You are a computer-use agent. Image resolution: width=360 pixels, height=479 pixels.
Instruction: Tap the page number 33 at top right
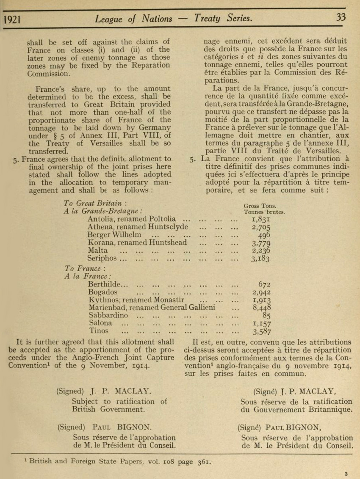click(342, 18)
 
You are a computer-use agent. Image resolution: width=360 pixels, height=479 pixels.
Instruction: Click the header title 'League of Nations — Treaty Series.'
click(174, 19)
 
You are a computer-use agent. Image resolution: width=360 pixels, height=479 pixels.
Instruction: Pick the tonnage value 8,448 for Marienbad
click(262, 308)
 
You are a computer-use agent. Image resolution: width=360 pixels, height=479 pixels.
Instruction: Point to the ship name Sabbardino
click(108, 315)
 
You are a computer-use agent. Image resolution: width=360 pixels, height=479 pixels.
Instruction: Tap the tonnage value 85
click(266, 316)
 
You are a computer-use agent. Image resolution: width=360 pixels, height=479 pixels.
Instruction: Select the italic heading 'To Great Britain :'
click(93, 203)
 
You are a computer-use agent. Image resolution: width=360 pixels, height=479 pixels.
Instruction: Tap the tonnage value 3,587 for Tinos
click(262, 331)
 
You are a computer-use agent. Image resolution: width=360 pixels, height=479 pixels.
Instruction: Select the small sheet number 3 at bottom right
click(346, 474)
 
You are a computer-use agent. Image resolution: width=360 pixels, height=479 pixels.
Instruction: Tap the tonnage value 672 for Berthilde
click(264, 284)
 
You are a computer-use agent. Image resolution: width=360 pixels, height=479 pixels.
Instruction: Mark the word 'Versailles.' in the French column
click(310, 150)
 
